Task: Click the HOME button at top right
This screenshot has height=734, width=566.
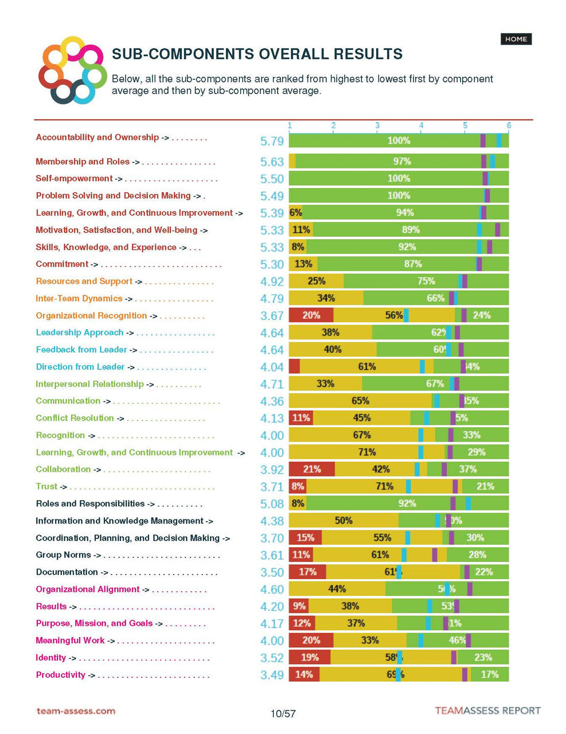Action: pos(516,39)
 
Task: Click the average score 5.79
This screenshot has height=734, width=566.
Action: pos(272,141)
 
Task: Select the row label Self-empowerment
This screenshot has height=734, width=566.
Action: pos(74,178)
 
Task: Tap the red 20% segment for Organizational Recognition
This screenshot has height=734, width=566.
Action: pos(311,315)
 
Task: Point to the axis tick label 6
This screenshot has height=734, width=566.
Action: pos(509,126)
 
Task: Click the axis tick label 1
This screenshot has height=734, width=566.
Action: pos(290,126)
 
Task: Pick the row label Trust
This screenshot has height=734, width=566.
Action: pos(46,486)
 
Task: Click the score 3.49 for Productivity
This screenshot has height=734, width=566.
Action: pos(272,675)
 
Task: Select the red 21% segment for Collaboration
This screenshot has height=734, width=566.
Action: pos(311,469)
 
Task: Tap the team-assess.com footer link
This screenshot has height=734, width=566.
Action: pos(76,711)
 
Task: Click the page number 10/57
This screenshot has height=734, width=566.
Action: pos(283,713)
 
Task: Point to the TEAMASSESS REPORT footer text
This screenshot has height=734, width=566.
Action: pos(487,711)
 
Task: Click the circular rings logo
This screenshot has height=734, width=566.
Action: pos(72,71)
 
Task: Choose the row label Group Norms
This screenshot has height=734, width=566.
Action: pos(63,555)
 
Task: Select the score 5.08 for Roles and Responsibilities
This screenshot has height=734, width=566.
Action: pos(272,504)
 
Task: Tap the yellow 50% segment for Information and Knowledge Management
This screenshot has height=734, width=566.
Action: pos(343,521)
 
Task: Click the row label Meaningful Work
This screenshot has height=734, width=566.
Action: pos(70,641)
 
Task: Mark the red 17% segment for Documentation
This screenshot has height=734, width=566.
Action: pos(307,572)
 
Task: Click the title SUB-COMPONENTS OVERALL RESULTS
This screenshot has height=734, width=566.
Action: pos(257,54)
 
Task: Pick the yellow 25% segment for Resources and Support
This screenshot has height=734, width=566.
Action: pos(316,281)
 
